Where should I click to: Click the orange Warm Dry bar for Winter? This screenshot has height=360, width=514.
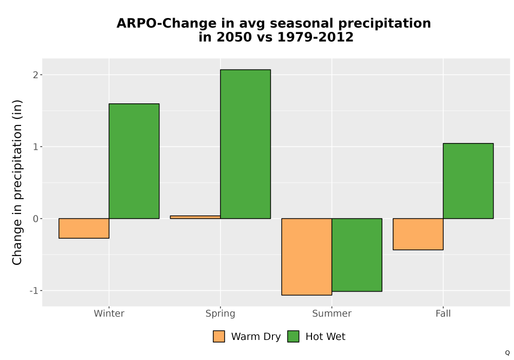point(84,228)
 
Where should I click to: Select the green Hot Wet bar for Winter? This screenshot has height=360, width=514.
point(134,161)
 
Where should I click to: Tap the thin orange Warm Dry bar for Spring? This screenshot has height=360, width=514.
point(195,217)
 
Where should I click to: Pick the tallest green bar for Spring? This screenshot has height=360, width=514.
point(246,144)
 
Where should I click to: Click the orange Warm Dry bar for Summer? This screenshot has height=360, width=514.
point(307,257)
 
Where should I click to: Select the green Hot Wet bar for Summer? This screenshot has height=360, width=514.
point(357,255)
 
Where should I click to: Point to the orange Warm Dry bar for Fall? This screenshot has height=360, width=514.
point(418,234)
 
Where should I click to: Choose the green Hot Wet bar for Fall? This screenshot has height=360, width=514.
point(468,181)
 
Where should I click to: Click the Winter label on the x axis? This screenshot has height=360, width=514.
point(109,313)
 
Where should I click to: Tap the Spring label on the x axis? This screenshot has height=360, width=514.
point(221,314)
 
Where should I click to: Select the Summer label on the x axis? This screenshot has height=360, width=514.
point(332,313)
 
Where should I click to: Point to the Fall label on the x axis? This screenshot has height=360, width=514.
point(443,313)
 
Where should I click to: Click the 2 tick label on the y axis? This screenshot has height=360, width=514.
point(36,75)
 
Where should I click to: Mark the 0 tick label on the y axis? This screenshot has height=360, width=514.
point(36,219)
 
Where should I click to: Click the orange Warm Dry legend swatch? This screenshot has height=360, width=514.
point(219,336)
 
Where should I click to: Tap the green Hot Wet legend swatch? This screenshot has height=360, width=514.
point(293,336)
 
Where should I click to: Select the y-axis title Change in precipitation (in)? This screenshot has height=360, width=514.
point(17,182)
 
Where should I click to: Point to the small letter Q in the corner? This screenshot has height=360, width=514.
point(507,353)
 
